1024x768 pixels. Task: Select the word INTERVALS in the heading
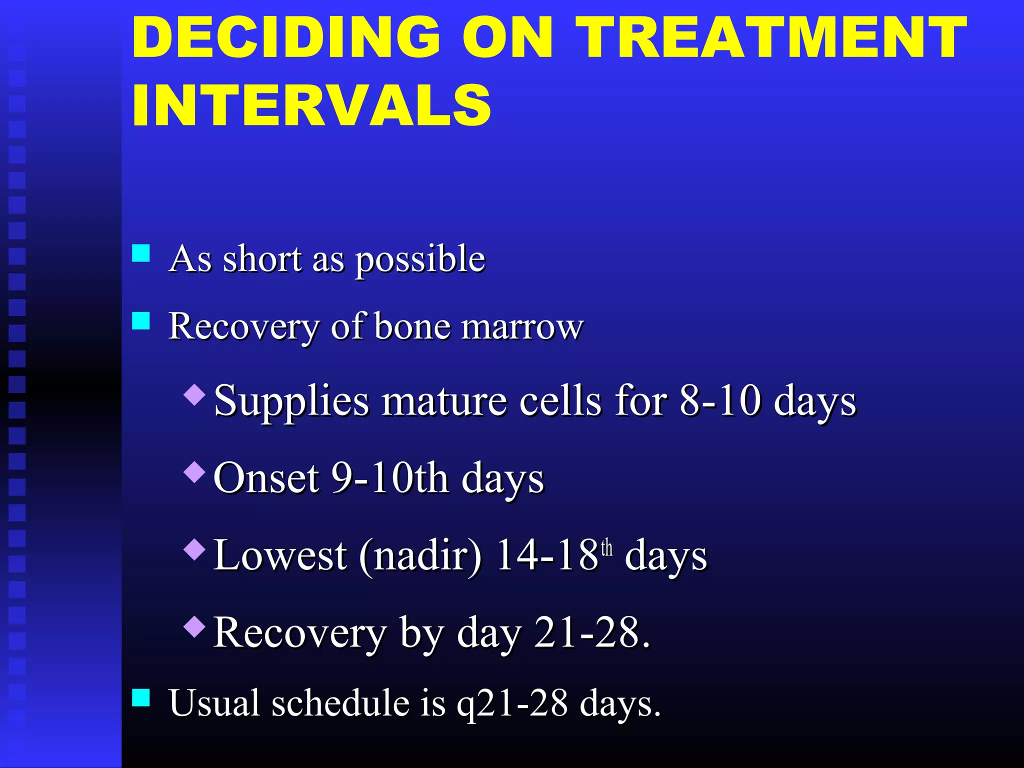point(311,105)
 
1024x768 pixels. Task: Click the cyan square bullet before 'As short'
point(141,253)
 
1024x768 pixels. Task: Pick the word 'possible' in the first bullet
point(420,260)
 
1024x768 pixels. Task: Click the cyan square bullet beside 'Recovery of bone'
point(141,320)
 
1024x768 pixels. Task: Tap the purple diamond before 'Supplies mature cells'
point(194,394)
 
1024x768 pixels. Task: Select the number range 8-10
point(720,401)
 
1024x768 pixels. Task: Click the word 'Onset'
point(266,478)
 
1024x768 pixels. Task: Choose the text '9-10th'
point(389,478)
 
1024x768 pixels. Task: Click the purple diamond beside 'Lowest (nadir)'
point(194,549)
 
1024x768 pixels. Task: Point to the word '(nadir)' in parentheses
point(420,556)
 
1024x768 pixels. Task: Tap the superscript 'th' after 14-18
point(606,548)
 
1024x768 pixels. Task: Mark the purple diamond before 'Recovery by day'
point(194,626)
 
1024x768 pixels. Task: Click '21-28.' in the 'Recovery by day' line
point(592,633)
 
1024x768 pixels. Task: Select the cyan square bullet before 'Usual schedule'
point(141,697)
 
